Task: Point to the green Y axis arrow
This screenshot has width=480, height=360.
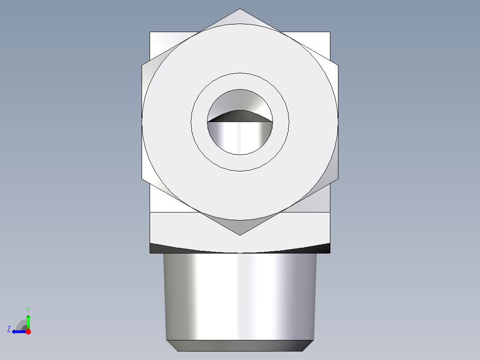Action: (28, 320)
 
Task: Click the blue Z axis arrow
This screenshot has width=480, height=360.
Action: (18, 331)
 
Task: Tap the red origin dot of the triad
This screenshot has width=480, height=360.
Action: (28, 331)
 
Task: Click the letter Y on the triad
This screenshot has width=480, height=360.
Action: (28, 309)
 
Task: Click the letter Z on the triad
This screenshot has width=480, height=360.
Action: (9, 329)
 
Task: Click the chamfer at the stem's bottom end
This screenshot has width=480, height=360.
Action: (240, 345)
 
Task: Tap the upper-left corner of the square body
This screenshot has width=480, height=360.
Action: (151, 33)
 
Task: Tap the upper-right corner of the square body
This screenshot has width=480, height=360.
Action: (329, 33)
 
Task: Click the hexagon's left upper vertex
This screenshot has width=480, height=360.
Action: (142, 65)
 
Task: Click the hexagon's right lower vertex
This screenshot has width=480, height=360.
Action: (338, 179)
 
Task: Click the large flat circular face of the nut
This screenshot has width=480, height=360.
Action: (169, 134)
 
